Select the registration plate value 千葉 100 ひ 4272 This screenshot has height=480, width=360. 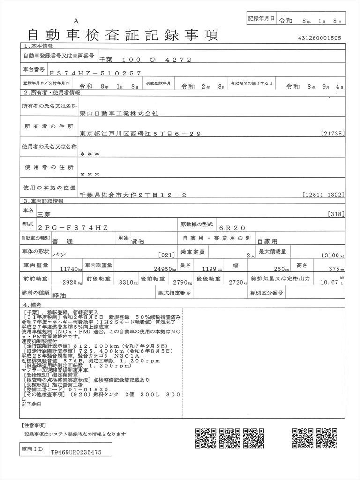[x=146, y=60]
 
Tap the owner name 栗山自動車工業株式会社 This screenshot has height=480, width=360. [x=120, y=113]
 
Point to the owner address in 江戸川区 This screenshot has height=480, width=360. [x=141, y=134]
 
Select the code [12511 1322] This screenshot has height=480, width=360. [x=324, y=195]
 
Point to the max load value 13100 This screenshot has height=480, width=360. [x=330, y=256]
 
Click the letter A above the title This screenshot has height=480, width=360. [x=76, y=21]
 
